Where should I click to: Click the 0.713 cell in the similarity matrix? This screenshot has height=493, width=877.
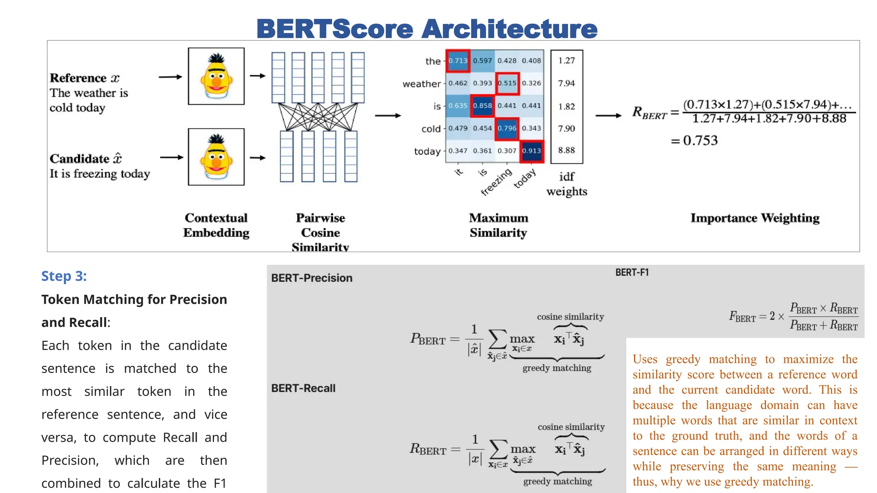coord(458,61)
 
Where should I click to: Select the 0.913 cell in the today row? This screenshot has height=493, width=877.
coord(531,151)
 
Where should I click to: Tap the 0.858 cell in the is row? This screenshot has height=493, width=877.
coord(482,106)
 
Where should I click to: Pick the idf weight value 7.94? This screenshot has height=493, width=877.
coord(566,83)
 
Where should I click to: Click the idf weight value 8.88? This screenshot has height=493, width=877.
coord(566,150)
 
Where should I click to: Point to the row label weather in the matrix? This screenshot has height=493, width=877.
coord(421,84)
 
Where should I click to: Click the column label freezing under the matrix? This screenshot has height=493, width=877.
coord(496,182)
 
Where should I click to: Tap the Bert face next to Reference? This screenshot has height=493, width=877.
coord(216,76)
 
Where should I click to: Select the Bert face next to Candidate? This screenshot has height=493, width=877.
coord(216,157)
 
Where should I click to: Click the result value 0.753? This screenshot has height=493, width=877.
coord(700,140)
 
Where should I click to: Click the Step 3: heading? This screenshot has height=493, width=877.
coord(64,276)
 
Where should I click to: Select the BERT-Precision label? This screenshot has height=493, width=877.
coord(312,278)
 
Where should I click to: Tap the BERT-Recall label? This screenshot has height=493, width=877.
coord(303,388)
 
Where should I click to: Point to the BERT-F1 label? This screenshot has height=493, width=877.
coord(632,273)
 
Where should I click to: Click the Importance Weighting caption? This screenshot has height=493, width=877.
coord(755,218)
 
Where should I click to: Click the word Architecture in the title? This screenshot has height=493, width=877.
coord(509,29)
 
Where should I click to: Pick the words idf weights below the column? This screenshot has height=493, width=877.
coord(567,184)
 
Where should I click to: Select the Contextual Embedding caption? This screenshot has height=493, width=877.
coord(216,225)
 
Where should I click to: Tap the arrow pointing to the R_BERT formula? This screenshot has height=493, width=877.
coord(609,116)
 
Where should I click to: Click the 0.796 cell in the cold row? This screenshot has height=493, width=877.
coord(507,128)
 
